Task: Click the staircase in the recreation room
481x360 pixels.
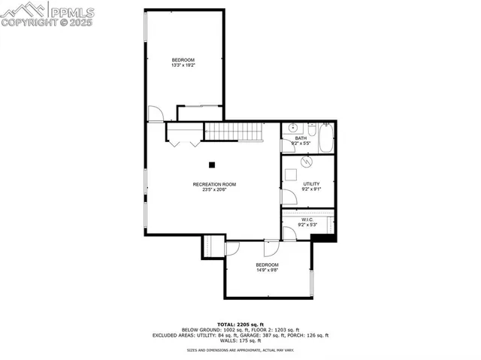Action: point(232,132)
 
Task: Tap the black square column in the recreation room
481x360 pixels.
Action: point(213,165)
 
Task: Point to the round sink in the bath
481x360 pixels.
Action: point(291,128)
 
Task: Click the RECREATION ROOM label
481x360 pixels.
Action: point(214,184)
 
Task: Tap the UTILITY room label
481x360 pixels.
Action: point(311,184)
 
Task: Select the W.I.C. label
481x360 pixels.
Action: point(307,219)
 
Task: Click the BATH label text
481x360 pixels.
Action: point(301,138)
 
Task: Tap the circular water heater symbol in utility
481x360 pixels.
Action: point(306,162)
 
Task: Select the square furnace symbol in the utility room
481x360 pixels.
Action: point(291,175)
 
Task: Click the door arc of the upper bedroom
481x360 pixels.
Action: point(154,113)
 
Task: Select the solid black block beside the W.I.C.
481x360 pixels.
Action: point(322,237)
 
